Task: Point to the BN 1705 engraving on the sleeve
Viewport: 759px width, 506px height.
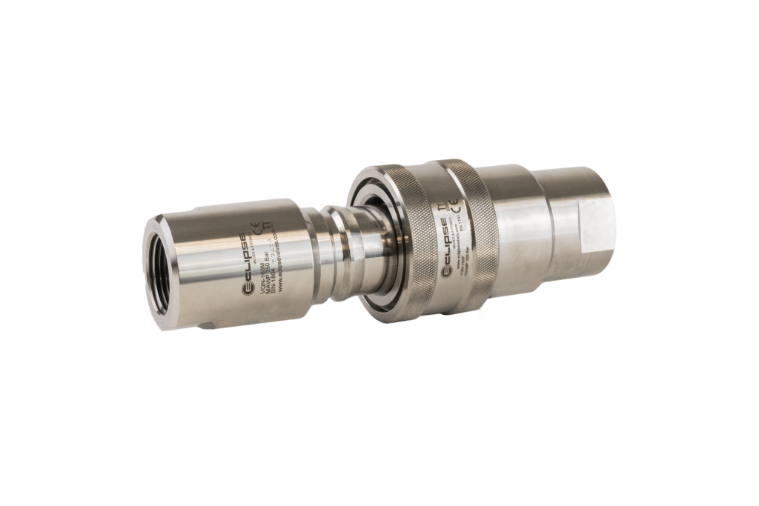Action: pyautogui.click(x=483, y=244)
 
